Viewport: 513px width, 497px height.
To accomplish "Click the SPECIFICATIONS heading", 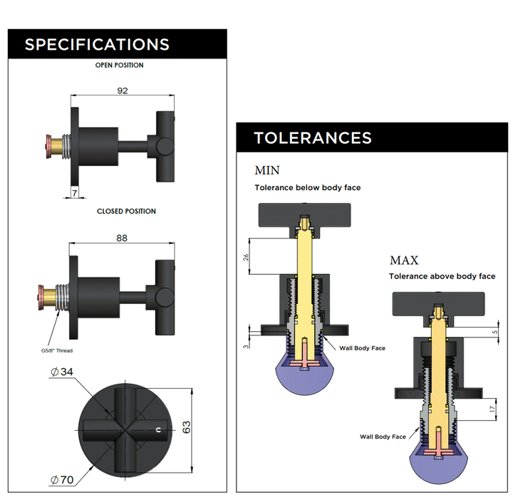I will pos(97,45).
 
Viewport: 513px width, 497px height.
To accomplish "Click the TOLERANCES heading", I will pos(313,138).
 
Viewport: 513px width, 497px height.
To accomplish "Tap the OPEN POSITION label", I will pos(120,66).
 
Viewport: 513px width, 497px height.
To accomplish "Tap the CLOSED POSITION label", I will pos(126,211).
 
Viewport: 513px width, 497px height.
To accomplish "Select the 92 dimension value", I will pos(122,91).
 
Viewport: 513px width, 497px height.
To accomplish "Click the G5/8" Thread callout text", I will pos(57,350).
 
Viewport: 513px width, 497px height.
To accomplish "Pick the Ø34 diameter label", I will pos(63,372).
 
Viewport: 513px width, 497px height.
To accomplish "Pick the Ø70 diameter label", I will pos(62,479).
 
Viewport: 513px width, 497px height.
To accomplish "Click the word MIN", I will pos(267,171).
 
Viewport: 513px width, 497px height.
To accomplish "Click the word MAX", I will pos(404,261).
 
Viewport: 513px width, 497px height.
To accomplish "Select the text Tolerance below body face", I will pos(308,188).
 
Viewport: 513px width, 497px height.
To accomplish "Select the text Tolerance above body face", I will pos(442,276).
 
